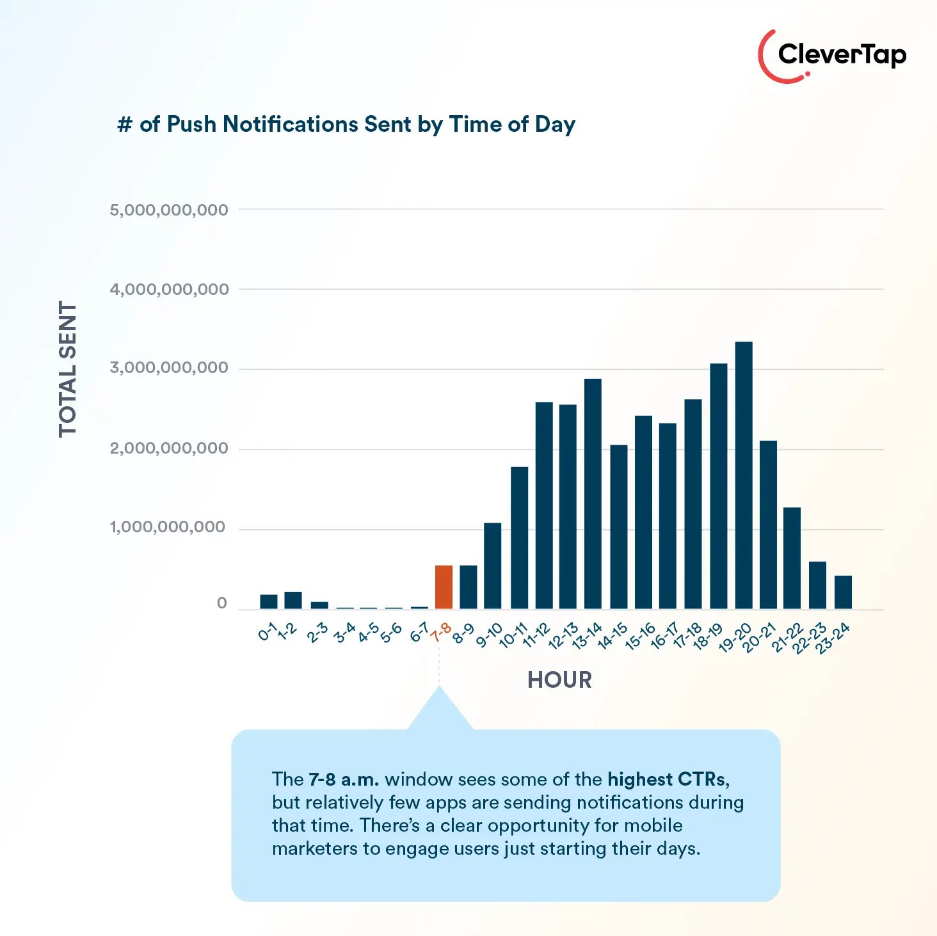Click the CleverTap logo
832,56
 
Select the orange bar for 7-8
444,587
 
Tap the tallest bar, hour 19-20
744,475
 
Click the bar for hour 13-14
593,493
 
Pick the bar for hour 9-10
492,566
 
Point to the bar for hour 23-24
843,592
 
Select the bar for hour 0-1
269,601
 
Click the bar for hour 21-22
792,558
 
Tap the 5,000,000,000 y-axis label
169,210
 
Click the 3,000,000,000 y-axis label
169,368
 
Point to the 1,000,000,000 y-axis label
168,527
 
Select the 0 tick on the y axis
222,603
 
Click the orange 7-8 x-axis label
442,633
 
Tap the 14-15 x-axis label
613,637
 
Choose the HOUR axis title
559,680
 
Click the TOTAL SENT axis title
68,369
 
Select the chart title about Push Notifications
346,124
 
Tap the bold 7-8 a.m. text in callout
344,779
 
